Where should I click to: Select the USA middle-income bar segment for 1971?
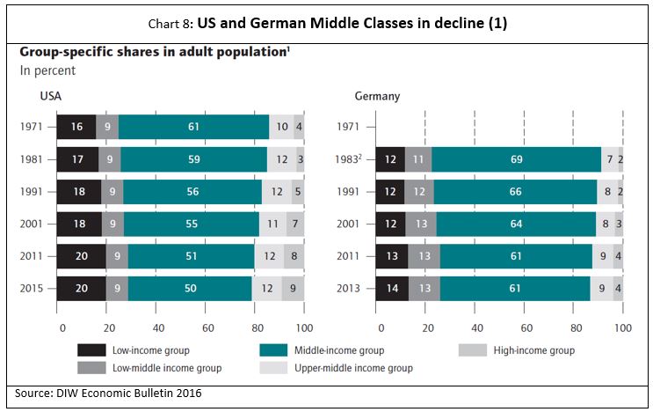coord(193,127)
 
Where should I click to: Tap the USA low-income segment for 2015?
coord(81,289)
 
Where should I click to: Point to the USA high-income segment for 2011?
coord(294,256)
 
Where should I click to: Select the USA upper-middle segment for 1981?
coord(281,159)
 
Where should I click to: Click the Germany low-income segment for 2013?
coord(392,289)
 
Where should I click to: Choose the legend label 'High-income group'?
coord(532,350)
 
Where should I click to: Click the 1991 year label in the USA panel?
coord(33,192)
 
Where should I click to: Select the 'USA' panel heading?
coord(50,95)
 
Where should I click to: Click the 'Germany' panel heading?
coord(377,95)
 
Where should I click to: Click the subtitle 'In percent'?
coord(47,70)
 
